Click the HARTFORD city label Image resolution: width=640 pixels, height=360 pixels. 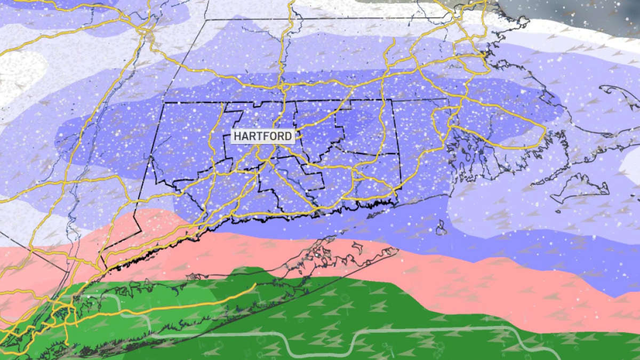[263, 137]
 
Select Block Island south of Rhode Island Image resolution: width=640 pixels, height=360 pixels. [441, 228]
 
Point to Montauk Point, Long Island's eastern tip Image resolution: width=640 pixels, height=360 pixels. [397, 250]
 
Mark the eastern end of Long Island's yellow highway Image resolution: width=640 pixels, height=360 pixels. [255, 285]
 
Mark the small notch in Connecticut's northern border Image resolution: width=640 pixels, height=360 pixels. [262, 102]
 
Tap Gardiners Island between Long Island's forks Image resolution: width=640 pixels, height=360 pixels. [356, 246]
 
